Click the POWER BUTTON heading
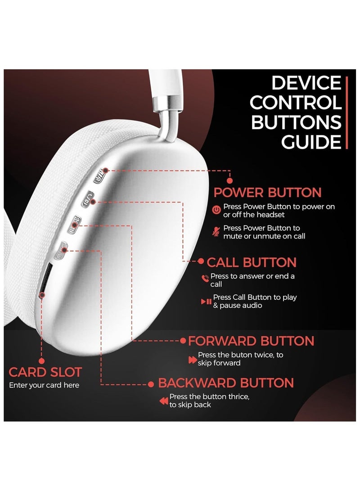pos(267,193)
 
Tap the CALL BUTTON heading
pos(251,262)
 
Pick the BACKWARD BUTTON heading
pos(226,383)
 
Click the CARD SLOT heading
pos(45,372)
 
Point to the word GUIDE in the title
pos(311,142)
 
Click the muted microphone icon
pos(216,231)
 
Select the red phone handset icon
pos(205,279)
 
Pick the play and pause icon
pos(206,301)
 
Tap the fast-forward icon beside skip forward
pos(192,360)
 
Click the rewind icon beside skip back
pos(163,401)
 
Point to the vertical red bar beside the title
pos(346,113)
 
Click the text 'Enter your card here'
pos(44,385)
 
